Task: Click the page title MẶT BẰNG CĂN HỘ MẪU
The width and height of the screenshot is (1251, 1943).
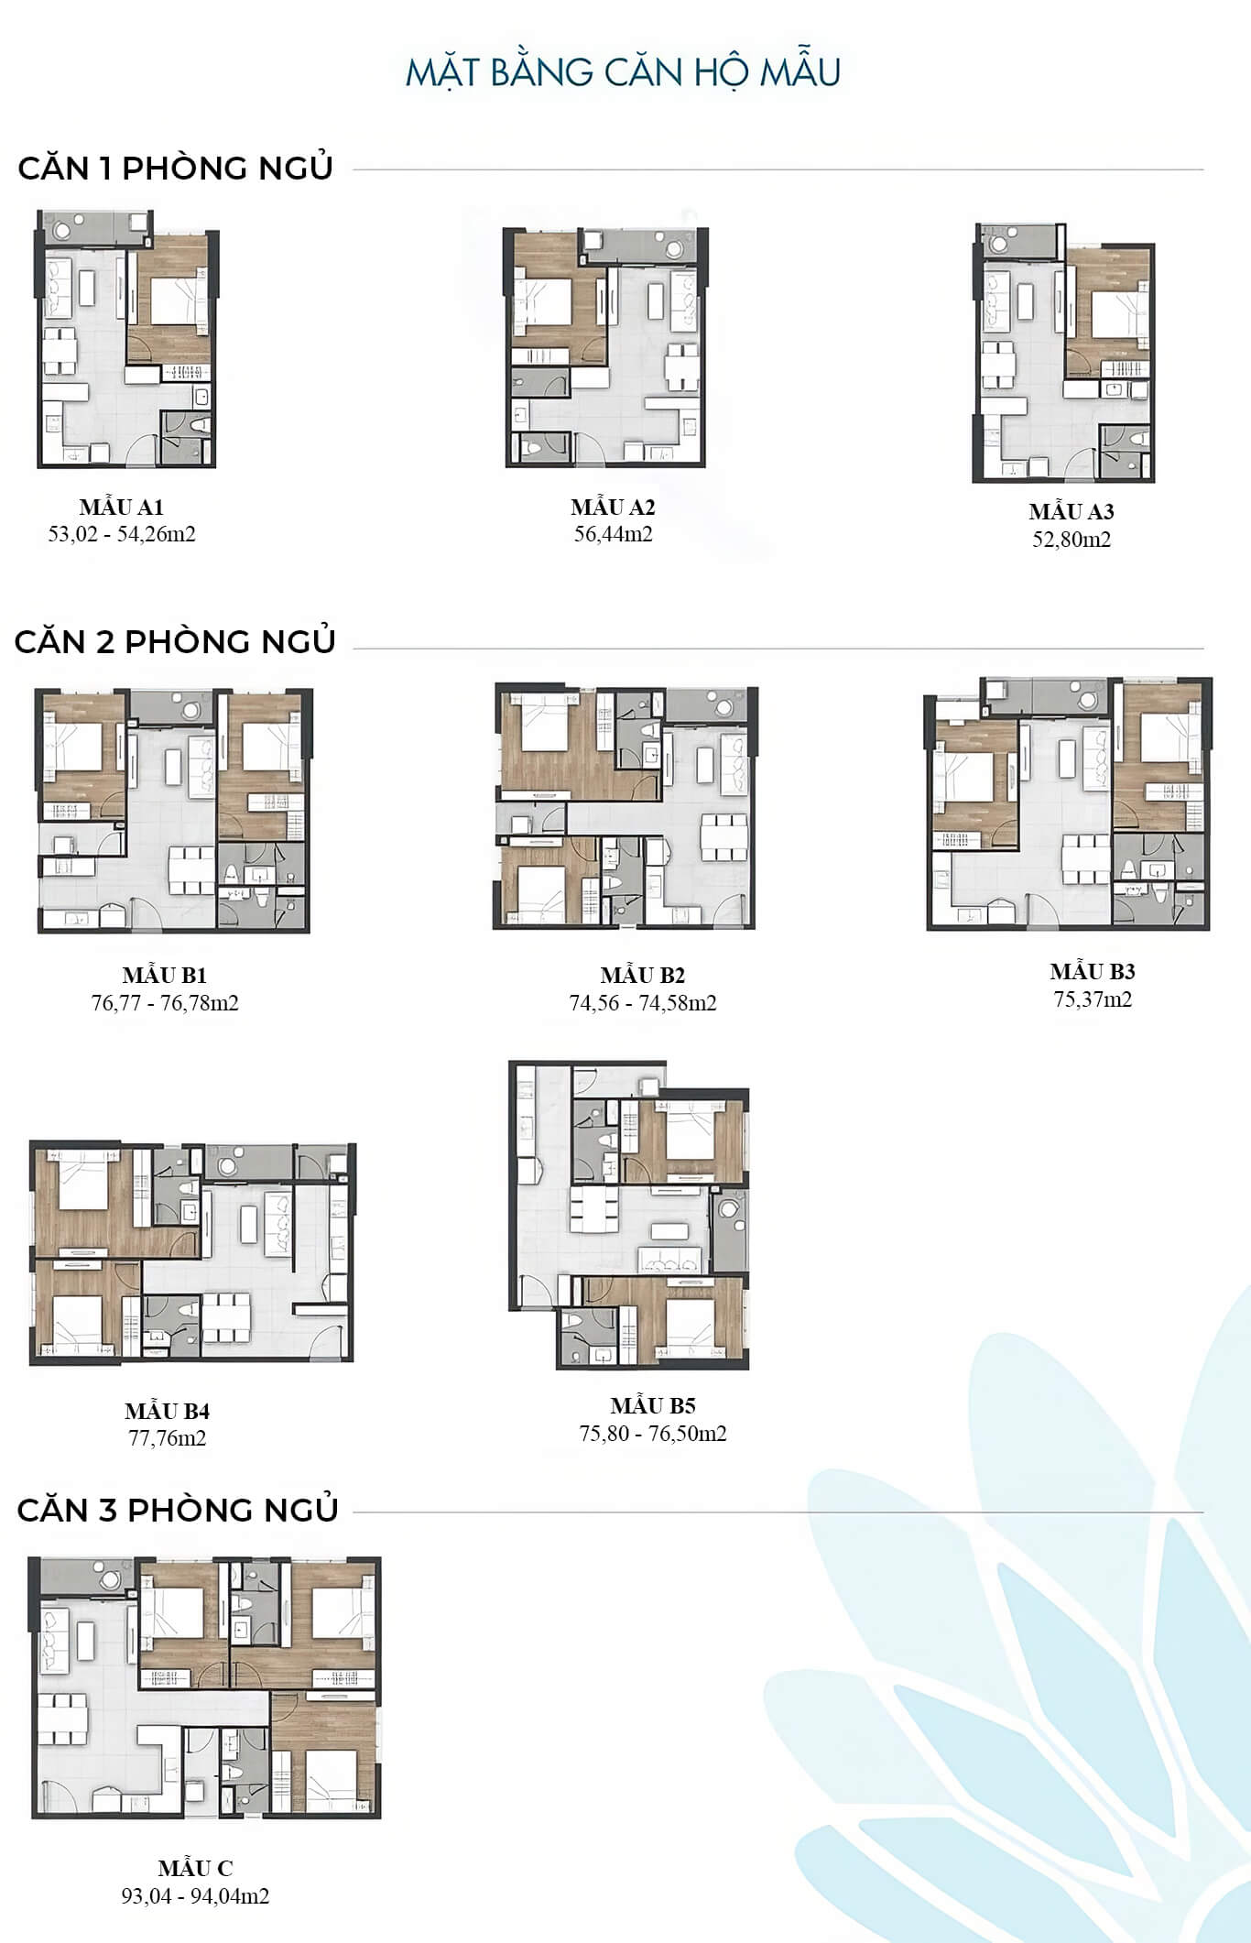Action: (623, 71)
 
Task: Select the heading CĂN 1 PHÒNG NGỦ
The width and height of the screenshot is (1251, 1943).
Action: (175, 168)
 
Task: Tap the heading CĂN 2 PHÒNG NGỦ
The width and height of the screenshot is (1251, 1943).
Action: (175, 640)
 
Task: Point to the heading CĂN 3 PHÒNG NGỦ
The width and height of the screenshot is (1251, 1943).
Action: (178, 1509)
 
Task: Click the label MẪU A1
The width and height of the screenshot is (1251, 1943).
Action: (121, 507)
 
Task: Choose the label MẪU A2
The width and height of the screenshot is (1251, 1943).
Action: (613, 507)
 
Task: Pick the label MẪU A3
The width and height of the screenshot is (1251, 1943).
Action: (1072, 511)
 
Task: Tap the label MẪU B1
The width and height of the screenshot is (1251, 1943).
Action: (165, 975)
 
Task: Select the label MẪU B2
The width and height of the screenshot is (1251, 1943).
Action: (643, 975)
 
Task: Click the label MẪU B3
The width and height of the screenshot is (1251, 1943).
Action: (1093, 971)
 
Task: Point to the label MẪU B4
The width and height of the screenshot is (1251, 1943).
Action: (168, 1411)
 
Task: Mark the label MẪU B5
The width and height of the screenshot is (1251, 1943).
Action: (653, 1405)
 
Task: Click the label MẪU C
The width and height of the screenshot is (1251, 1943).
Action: (195, 1868)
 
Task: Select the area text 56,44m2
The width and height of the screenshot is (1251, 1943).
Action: (614, 534)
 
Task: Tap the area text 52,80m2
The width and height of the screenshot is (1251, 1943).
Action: (1072, 539)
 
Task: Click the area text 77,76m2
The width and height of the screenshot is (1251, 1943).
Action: (168, 1437)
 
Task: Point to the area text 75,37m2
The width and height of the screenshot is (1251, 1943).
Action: (1093, 999)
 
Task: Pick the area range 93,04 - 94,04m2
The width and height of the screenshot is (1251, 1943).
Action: (195, 1895)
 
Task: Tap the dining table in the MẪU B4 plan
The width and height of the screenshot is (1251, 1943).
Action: (226, 1316)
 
